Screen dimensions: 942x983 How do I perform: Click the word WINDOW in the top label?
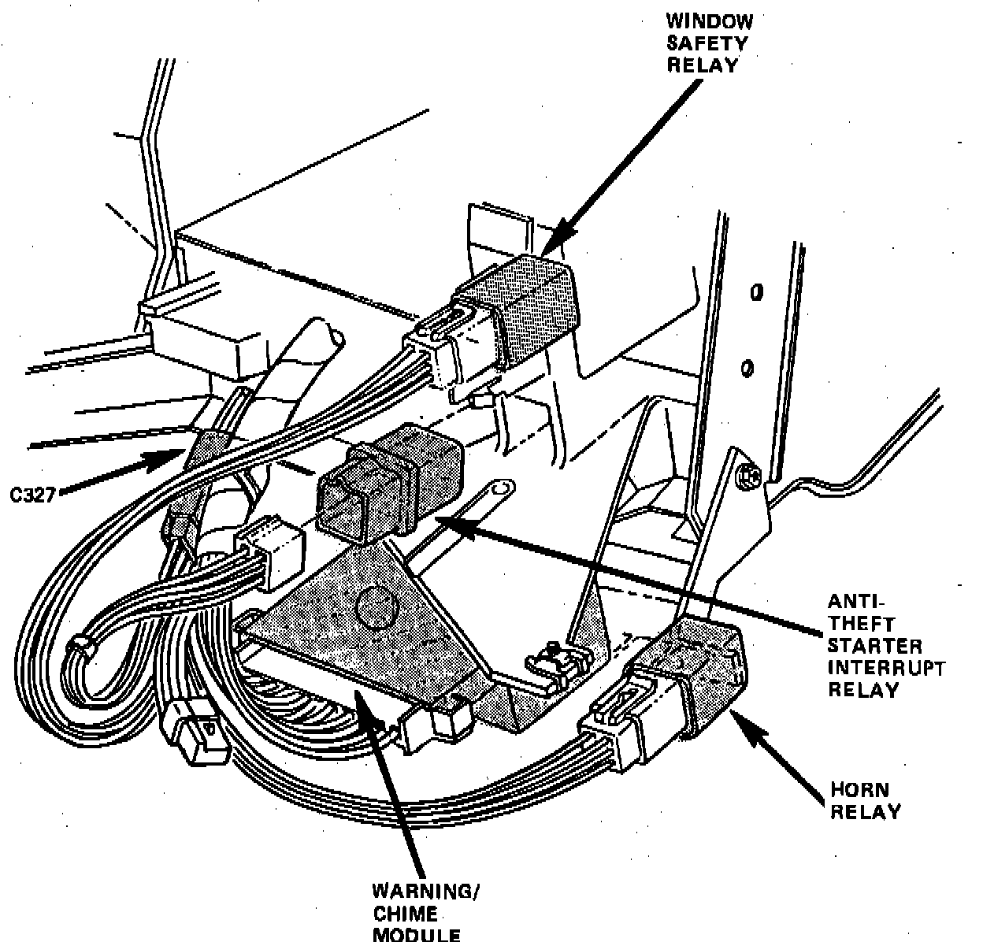pyautogui.click(x=710, y=24)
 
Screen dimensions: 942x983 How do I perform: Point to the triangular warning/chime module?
pyautogui.click(x=370, y=622)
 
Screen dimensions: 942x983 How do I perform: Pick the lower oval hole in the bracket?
pyautogui.click(x=749, y=367)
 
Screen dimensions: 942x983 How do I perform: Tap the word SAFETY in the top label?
pyautogui.click(x=707, y=45)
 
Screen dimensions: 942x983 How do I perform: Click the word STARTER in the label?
pyautogui.click(x=874, y=646)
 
